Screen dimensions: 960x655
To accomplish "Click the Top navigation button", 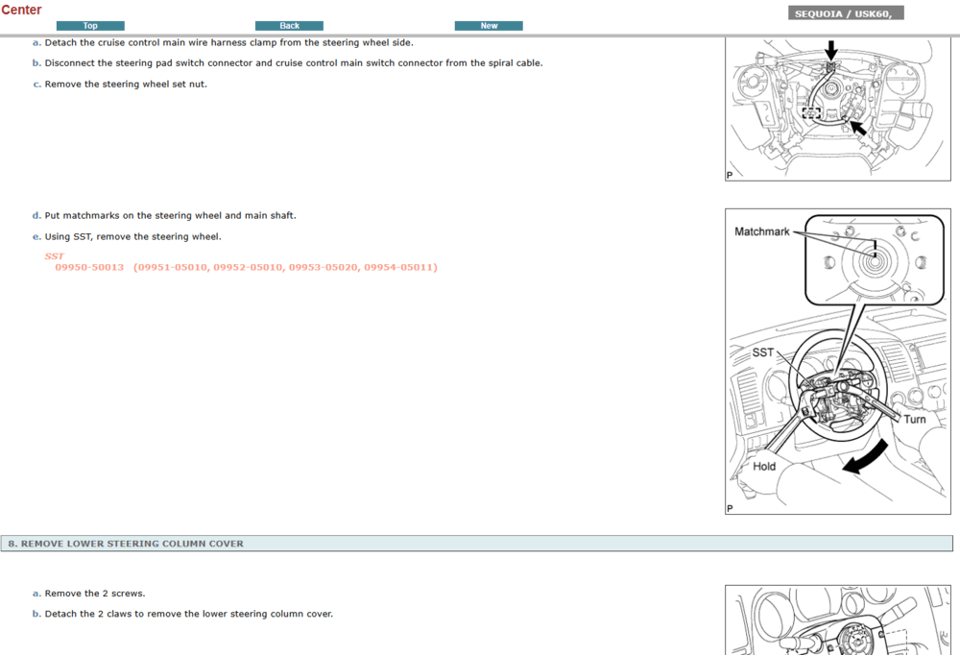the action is click(x=90, y=26).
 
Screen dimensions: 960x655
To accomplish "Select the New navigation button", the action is click(x=489, y=26).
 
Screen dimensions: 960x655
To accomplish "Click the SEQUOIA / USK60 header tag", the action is click(x=846, y=13).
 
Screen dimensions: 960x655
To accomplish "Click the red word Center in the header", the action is click(x=21, y=10).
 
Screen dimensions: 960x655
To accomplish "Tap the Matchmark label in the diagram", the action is click(x=761, y=231).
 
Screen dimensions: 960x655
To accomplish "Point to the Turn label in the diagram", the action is click(x=915, y=419).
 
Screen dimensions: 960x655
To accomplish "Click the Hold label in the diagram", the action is click(x=764, y=467).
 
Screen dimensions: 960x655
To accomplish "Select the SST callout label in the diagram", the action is click(x=763, y=352).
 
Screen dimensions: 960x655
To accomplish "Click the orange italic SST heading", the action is click(x=54, y=256).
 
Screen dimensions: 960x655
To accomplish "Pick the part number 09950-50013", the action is click(x=89, y=267).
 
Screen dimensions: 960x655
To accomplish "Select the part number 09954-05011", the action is click(x=399, y=267).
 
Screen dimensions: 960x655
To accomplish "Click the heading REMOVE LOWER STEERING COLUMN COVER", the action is click(x=132, y=544).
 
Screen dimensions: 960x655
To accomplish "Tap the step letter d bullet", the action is click(x=36, y=216).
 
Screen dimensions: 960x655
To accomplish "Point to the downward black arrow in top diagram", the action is click(x=830, y=50).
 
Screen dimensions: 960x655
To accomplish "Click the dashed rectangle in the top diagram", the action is click(x=812, y=112).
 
